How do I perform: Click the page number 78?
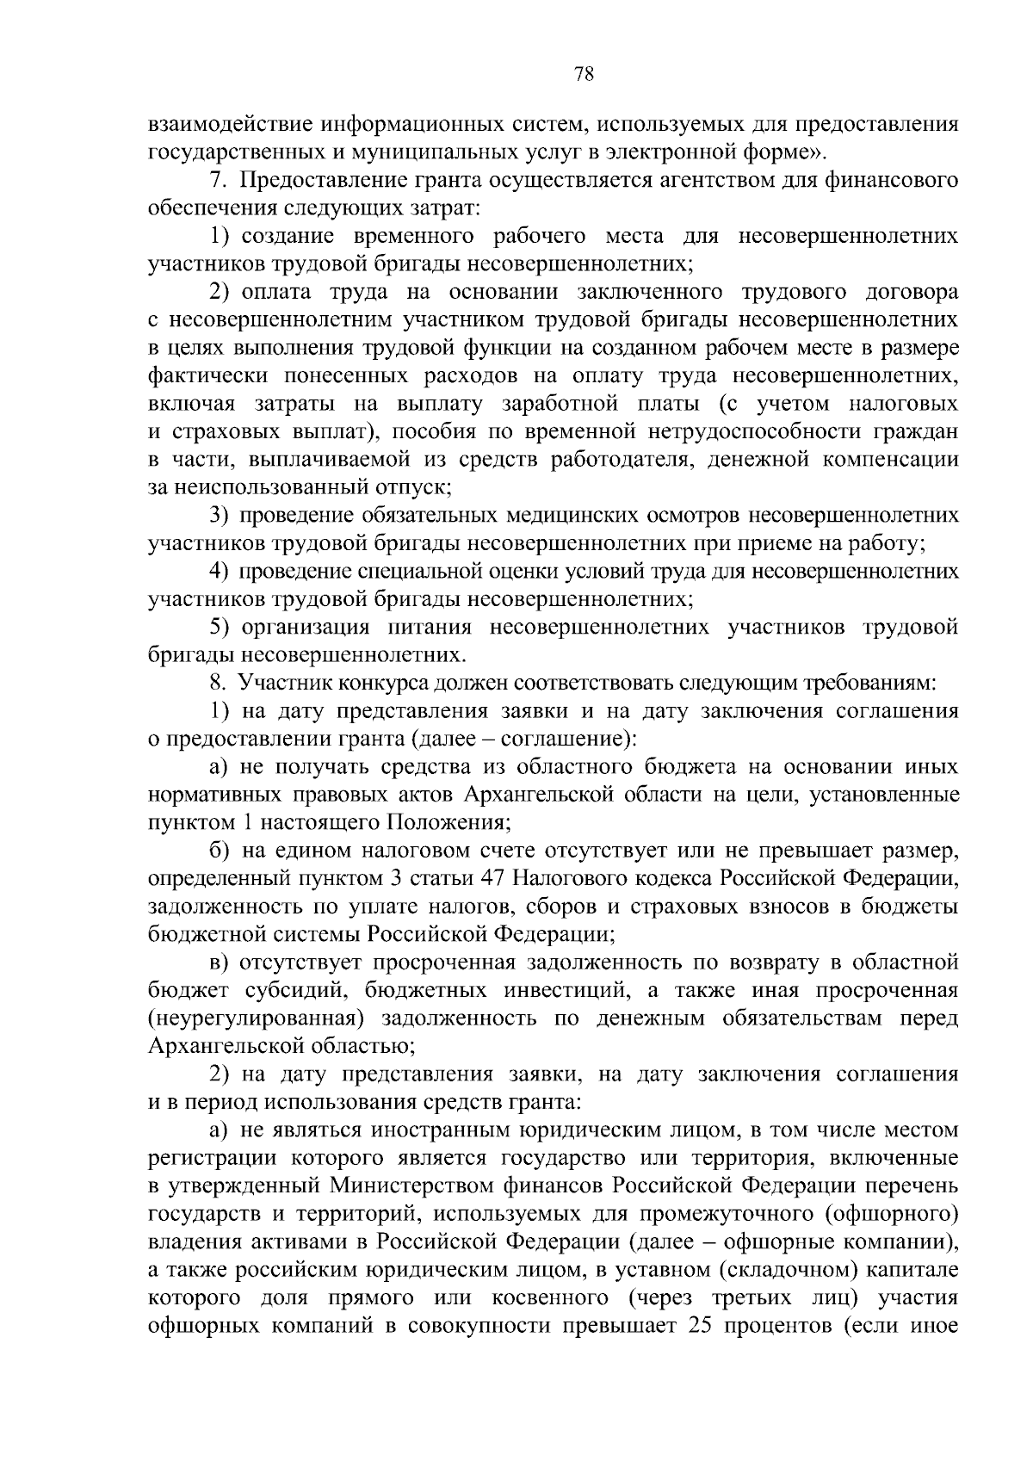(x=583, y=74)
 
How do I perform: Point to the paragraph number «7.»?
(x=216, y=181)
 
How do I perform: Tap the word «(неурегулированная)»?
(x=254, y=1018)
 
